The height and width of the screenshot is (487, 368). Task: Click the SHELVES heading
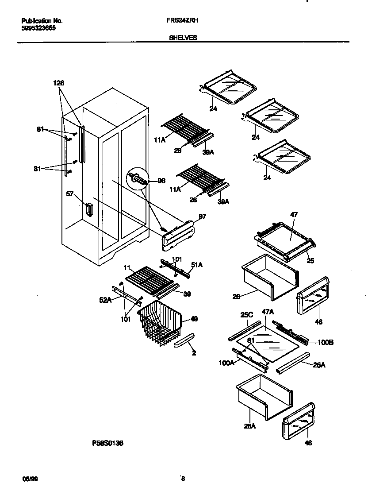[x=183, y=38]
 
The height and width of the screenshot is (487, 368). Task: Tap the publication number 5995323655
[x=39, y=27]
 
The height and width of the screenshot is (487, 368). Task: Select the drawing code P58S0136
[x=107, y=442]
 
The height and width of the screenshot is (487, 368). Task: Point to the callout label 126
[x=59, y=83]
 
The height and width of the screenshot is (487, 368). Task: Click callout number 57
[x=69, y=194]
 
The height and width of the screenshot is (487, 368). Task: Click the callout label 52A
[x=105, y=300]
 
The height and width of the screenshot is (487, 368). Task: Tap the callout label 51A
[x=196, y=265]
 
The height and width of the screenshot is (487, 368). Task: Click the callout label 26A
[x=250, y=426]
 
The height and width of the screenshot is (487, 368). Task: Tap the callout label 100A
[x=226, y=363]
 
